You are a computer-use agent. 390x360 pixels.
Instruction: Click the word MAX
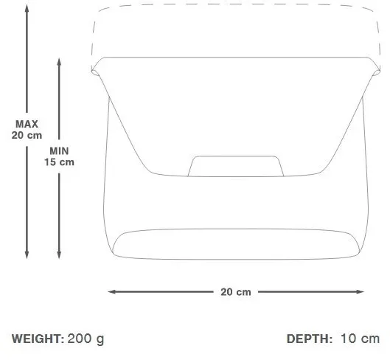tap(27, 124)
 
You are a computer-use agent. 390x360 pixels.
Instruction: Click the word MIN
tap(59, 151)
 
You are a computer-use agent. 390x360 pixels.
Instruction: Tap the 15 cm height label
tap(59, 162)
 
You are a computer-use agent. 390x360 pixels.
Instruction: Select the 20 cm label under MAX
tap(27, 135)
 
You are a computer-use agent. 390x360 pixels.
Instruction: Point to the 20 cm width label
tap(236, 292)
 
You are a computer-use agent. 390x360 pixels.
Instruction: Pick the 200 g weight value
tap(86, 339)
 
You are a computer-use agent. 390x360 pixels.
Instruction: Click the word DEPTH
tap(310, 339)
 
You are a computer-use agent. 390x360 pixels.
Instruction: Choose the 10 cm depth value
tap(360, 339)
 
